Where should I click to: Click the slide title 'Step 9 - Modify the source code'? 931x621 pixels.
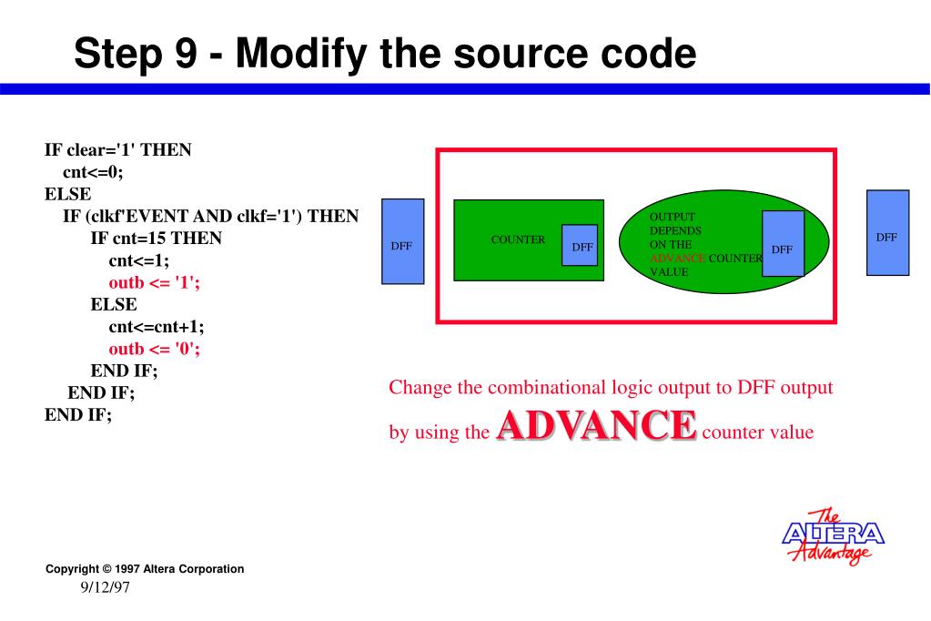384,54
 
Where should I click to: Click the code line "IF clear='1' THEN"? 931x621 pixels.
117,150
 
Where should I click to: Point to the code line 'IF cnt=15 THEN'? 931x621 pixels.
156,239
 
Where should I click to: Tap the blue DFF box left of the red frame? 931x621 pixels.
402,241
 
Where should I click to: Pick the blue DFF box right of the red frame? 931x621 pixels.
887,232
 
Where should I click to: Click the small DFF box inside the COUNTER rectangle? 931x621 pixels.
579,245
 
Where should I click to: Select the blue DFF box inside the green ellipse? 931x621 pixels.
783,243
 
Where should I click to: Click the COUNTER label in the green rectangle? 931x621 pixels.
517,240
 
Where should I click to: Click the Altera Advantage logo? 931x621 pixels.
833,535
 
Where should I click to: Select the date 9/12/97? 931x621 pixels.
106,588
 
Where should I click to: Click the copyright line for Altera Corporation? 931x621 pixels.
145,569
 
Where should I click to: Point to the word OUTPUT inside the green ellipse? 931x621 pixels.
672,217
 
